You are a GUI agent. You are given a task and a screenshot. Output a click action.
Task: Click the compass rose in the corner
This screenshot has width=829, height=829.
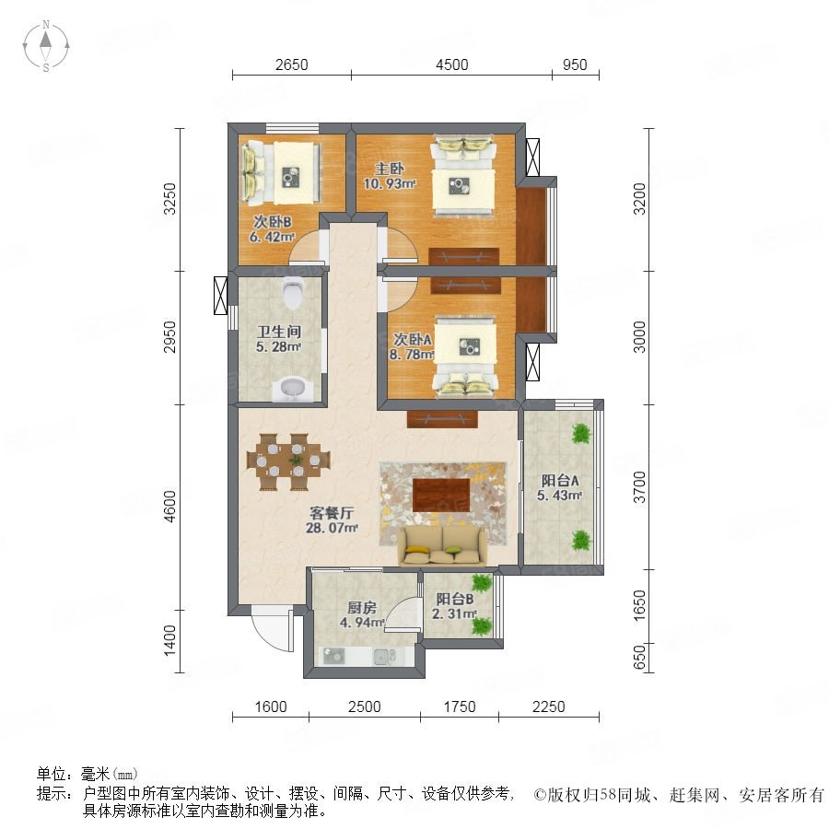(46, 45)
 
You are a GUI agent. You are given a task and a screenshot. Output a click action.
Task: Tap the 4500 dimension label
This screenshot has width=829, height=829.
(451, 64)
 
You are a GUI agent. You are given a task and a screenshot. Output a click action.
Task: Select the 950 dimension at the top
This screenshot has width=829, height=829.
(575, 64)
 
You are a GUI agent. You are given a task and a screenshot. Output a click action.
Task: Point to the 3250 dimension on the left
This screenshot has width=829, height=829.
(169, 199)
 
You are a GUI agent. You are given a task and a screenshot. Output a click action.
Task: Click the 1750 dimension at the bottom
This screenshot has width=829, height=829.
(460, 706)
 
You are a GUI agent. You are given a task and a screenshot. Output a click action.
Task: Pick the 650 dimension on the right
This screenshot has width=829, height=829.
(639, 657)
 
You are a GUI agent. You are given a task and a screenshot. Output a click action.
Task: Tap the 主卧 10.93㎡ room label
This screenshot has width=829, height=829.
(389, 176)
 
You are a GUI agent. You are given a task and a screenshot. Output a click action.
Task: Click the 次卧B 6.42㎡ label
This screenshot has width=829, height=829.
(272, 229)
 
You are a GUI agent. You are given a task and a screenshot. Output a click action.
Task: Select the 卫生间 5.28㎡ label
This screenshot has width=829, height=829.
(278, 339)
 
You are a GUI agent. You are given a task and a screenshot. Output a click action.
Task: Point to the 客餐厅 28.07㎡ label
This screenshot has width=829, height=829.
(332, 520)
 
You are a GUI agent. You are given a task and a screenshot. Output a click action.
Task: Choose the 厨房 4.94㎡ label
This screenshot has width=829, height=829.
(362, 615)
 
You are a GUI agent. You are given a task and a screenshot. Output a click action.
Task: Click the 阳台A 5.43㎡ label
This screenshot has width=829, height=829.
(559, 487)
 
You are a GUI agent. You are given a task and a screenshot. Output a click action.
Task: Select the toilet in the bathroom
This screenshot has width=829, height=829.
(292, 294)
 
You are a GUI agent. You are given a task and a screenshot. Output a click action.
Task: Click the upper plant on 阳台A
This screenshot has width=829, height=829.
(581, 434)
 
